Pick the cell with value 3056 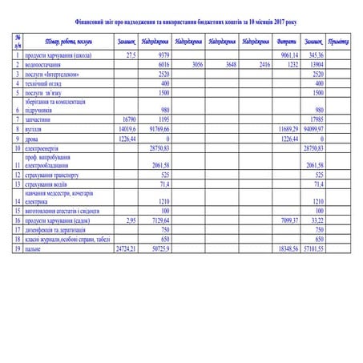[x=192, y=63]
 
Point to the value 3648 [x=228, y=63]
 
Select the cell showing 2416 [x=261, y=63]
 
